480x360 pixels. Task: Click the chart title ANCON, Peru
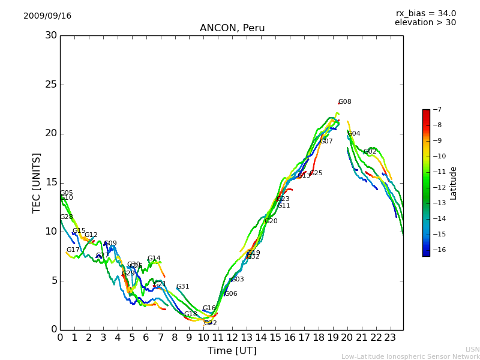[x=232, y=28]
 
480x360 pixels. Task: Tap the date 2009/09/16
[x=47, y=16]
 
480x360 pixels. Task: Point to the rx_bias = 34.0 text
[x=425, y=14]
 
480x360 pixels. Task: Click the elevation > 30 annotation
[x=425, y=23]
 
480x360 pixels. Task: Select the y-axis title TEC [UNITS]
[x=37, y=182]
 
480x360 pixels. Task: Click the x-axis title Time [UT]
[x=232, y=351]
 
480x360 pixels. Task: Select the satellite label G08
[x=344, y=102]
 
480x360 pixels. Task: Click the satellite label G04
[x=354, y=134]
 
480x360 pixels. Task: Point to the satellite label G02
[x=370, y=152]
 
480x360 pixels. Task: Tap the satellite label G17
[x=73, y=250]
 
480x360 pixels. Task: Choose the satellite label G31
[x=183, y=287]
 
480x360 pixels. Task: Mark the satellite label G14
[x=154, y=259]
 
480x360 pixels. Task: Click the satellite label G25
[x=316, y=173]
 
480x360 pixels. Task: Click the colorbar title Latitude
[x=454, y=183]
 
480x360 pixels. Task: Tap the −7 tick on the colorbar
[x=436, y=109]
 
